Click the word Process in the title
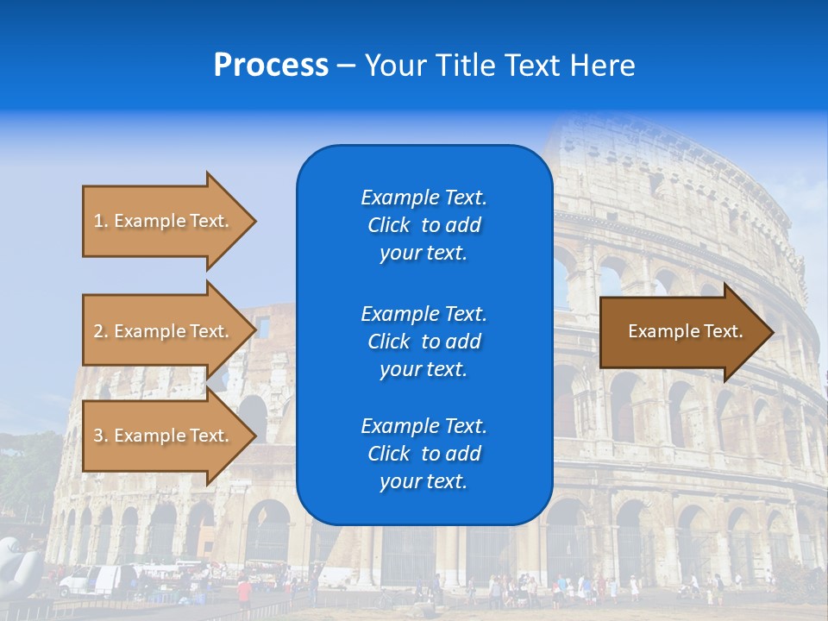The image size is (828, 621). point(271,66)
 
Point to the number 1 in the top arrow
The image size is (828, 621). point(98,221)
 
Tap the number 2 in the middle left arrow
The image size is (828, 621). point(98,331)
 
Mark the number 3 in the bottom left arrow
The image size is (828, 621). point(98,436)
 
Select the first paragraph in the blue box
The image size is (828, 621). point(423,225)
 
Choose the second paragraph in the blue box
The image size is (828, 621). point(423,341)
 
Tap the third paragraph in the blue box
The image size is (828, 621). point(423,454)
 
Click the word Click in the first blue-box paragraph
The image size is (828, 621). point(388,225)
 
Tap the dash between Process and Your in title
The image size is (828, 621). point(346,66)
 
